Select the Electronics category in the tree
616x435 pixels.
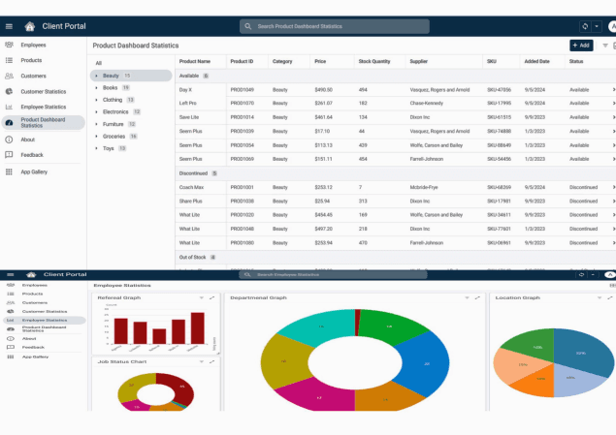(x=115, y=111)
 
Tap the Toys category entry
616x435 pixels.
(x=108, y=148)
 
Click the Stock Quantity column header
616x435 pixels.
(x=374, y=61)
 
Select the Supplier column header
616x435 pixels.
(x=419, y=61)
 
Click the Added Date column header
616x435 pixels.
(x=536, y=61)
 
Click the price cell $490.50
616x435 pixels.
(x=323, y=89)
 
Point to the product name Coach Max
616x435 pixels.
(x=191, y=187)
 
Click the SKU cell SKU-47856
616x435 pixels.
(x=499, y=89)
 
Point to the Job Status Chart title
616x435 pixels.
(x=122, y=361)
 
